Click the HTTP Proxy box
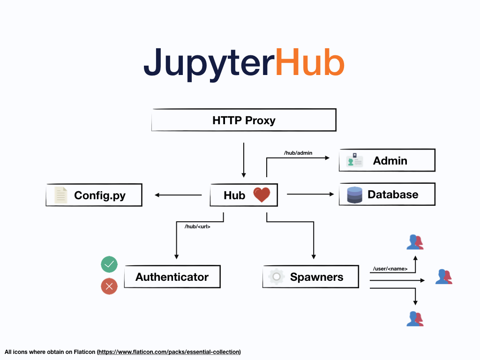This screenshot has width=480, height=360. pos(244,120)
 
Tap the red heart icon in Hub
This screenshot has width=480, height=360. pos(262,195)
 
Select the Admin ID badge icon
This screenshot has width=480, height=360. pos(354,160)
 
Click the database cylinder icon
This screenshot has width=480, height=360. pos(355,195)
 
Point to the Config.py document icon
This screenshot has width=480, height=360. pos(61,195)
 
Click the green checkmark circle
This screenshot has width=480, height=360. pos(109,265)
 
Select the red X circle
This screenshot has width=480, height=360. pos(109,286)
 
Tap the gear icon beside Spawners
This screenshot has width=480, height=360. pos(277,277)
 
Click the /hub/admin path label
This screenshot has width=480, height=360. pos(298,153)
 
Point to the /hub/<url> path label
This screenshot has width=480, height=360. pos(197,226)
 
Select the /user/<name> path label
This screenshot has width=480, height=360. pos(390,269)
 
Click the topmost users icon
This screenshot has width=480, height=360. pos(415,242)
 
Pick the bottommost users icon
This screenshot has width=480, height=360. pos(415,319)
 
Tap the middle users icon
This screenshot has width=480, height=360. pos(443,277)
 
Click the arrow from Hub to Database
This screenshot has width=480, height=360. pos(309,194)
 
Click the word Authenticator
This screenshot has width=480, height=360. pos(172,277)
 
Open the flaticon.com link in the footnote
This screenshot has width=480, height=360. pos(169,352)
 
